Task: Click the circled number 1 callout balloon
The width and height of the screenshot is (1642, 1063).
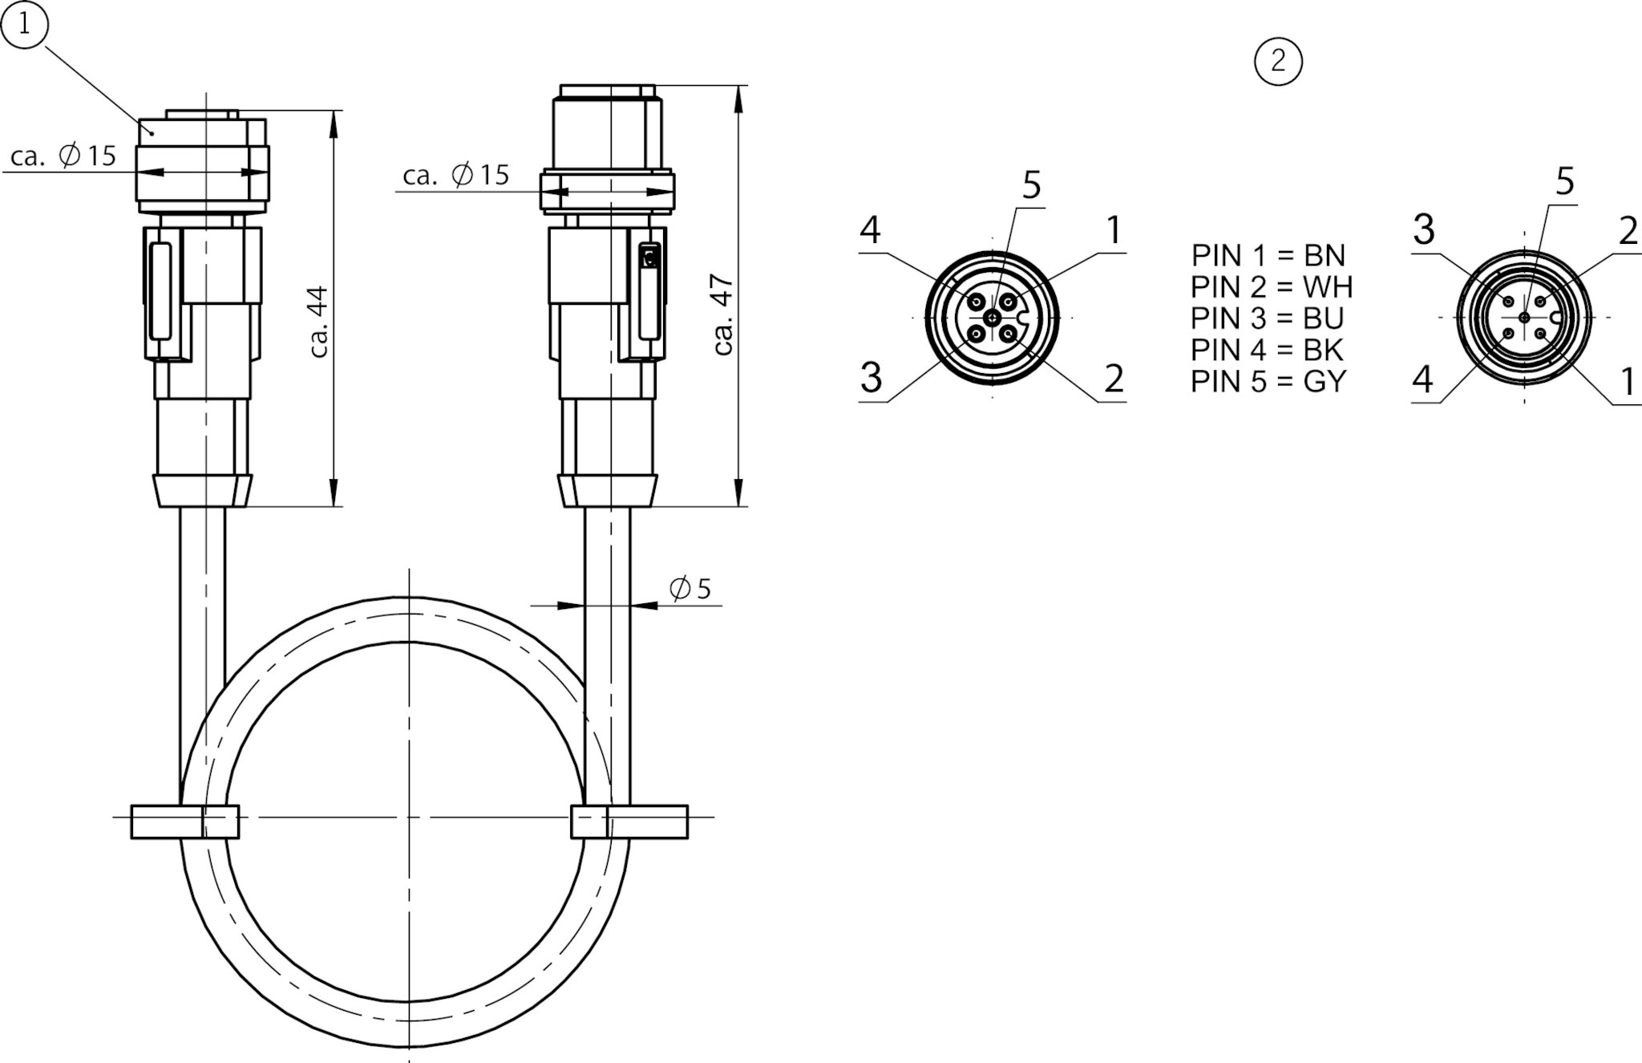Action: [24, 24]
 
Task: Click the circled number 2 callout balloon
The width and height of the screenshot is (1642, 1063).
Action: [1278, 61]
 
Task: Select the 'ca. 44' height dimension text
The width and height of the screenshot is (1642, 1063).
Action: [319, 322]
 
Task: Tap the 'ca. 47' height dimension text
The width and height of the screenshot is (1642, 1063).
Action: [723, 314]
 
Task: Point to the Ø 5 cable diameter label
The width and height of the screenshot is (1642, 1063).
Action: [690, 589]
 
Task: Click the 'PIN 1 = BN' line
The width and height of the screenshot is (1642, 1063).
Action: [1268, 255]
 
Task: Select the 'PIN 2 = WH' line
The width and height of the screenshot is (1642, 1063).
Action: [1272, 286]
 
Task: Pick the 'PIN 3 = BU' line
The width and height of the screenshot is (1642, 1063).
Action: [1268, 318]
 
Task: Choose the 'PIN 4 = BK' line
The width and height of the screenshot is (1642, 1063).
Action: [1268, 350]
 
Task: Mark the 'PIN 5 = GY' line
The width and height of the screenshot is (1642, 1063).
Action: [1268, 381]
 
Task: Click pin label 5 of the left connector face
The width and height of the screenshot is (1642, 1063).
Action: [1032, 185]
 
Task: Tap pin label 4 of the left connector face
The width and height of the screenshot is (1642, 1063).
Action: [870, 230]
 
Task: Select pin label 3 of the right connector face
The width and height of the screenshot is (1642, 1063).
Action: [1424, 230]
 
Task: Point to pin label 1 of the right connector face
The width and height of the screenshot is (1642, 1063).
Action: [1628, 382]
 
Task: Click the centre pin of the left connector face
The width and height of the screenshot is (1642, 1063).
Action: [993, 318]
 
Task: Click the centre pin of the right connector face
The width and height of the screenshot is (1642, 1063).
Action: [1524, 318]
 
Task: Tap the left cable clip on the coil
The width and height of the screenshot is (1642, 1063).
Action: [185, 822]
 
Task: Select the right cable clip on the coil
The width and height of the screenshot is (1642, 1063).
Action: [629, 822]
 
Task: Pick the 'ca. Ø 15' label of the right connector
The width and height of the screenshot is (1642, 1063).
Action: [456, 175]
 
